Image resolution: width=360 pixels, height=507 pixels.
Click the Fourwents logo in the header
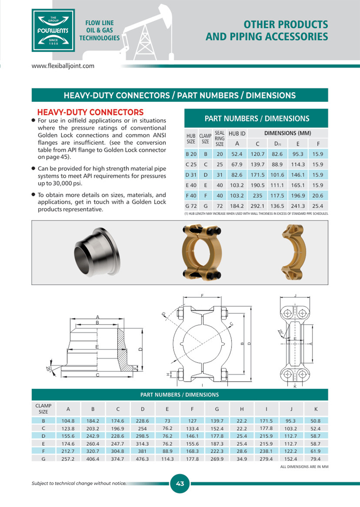tap(53, 31)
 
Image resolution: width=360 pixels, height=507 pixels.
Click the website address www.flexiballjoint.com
tap(63, 66)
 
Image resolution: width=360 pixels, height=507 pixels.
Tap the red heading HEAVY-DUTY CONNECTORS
tap(90, 112)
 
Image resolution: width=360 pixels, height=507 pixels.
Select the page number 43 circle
tap(180, 483)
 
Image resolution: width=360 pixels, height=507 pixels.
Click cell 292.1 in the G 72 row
tap(257, 206)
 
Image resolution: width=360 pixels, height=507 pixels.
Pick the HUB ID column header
tap(237, 134)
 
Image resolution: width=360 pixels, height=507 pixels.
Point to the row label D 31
tap(191, 175)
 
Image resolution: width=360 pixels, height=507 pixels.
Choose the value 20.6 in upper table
tap(317, 196)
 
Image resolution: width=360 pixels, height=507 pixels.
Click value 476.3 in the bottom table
tap(142, 459)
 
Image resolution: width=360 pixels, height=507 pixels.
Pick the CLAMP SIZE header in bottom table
tap(43, 409)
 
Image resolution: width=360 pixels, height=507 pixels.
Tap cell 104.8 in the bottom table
tap(68, 421)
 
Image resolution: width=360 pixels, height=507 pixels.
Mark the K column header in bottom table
tap(316, 409)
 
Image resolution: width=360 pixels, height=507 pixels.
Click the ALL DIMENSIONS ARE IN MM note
tap(304, 467)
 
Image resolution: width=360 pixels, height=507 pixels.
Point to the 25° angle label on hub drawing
tap(48, 369)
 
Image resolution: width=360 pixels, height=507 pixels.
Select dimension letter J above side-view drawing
tap(295, 295)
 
